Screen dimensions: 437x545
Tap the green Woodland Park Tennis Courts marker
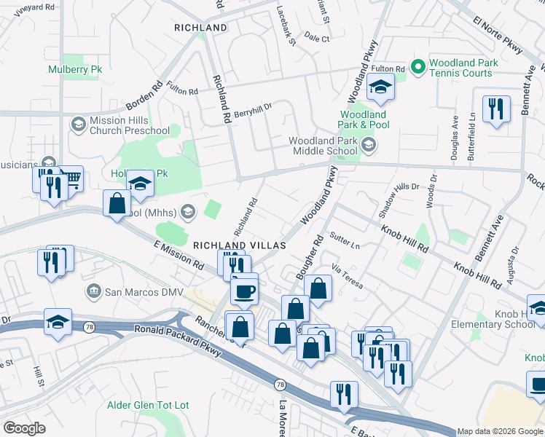coord(418,68)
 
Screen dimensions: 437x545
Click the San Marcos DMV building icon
coord(94,292)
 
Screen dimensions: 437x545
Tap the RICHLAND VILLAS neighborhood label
coord(239,246)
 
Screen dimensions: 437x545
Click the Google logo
coord(24,428)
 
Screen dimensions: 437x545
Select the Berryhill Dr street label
coord(253,107)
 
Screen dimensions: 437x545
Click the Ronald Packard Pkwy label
coord(175,331)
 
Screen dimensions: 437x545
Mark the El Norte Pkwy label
coord(498,36)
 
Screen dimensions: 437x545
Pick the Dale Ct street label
coord(317,37)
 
